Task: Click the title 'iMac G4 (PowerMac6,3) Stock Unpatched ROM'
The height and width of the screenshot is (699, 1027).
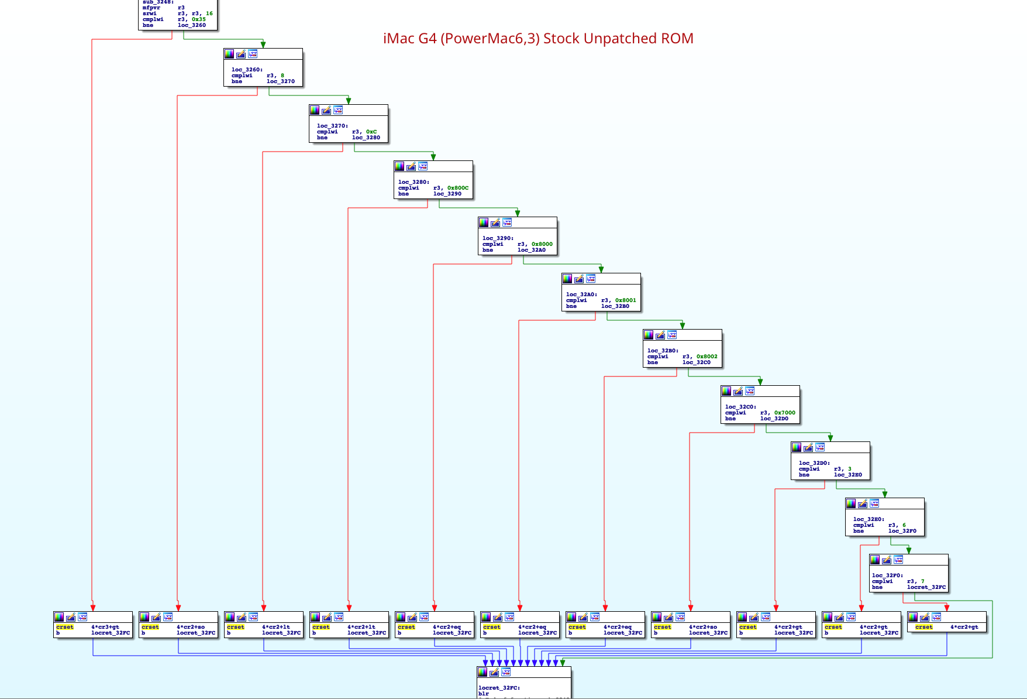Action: pos(538,39)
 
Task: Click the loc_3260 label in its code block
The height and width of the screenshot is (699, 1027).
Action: pos(247,70)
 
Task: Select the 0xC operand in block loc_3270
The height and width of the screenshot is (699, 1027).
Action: pos(371,132)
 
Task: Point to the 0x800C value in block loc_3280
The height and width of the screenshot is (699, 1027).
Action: pos(457,188)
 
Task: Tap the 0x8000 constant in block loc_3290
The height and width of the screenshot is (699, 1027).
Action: pos(542,244)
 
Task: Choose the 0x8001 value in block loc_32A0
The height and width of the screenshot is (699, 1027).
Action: pos(625,300)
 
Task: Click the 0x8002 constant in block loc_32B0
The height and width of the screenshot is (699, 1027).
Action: pos(707,357)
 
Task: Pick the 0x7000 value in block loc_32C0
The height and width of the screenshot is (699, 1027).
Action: pos(784,413)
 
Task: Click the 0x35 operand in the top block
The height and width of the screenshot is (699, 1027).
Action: pos(199,19)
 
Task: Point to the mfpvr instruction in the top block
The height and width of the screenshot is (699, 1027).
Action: pos(151,8)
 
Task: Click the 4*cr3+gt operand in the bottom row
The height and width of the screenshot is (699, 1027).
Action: pos(105,627)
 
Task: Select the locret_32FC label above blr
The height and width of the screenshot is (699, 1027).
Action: pos(499,688)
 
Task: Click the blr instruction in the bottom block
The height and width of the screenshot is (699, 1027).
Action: pos(484,694)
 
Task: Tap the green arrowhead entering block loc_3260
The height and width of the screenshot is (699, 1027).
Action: pos(263,44)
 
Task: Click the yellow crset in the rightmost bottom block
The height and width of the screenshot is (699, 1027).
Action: pos(924,627)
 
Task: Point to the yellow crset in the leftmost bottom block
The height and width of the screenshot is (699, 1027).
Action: pos(65,627)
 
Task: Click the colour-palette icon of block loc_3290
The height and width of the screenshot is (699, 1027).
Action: pos(484,222)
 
